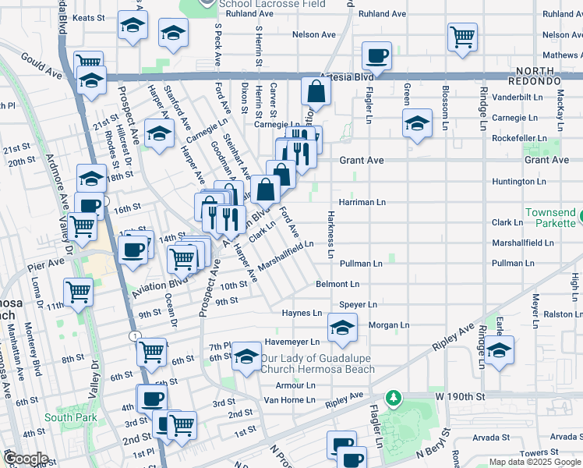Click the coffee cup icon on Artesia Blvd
tap(378, 55)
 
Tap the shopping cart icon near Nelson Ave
tap(462, 36)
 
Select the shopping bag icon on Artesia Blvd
tap(316, 91)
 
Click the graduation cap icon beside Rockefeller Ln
tap(417, 123)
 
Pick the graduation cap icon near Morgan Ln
tap(341, 328)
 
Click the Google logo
tap(26, 458)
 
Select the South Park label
tap(70, 417)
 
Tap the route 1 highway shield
tap(136, 335)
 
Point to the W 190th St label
tap(460, 396)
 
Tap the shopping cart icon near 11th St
tap(78, 292)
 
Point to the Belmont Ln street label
tap(337, 285)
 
